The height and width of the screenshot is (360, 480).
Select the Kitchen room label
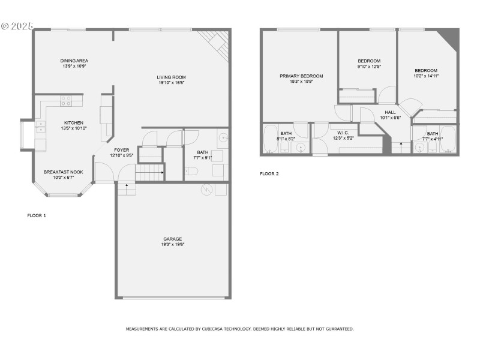[74, 122]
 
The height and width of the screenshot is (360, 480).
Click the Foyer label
[121, 150]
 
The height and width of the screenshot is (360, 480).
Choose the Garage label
[172, 239]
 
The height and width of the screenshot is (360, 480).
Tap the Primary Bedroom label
[301, 76]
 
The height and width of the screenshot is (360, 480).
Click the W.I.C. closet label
[343, 133]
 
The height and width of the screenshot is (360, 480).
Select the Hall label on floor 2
[390, 112]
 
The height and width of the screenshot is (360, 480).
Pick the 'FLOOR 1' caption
[37, 215]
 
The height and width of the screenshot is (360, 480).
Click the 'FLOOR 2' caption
[269, 174]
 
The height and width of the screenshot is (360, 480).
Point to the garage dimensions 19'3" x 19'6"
[172, 244]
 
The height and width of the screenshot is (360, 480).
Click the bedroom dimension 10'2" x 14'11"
[426, 76]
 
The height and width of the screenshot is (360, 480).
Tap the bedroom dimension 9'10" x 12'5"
[369, 66]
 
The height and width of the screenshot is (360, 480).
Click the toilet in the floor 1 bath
[191, 171]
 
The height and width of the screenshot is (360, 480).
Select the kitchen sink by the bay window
[40, 127]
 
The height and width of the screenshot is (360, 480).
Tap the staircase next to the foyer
[149, 173]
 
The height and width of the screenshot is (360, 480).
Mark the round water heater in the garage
[206, 190]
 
